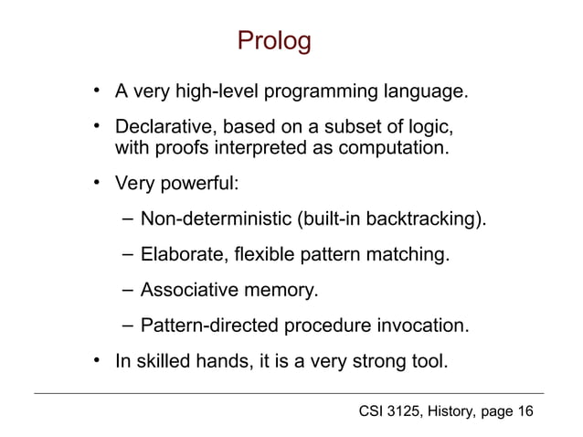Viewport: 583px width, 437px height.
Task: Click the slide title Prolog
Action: pos(274,41)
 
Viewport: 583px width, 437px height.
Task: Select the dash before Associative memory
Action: pos(125,291)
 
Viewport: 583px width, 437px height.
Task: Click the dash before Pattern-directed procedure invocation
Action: pos(125,325)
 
